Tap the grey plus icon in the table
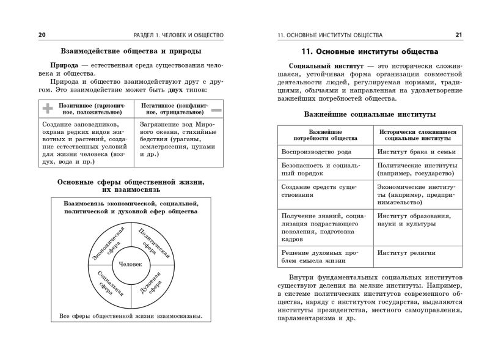point(48,109)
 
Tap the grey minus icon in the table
point(216,109)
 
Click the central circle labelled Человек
point(130,264)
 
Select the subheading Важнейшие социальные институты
point(370,114)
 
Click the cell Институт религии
point(406,252)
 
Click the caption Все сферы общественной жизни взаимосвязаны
point(131,317)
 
